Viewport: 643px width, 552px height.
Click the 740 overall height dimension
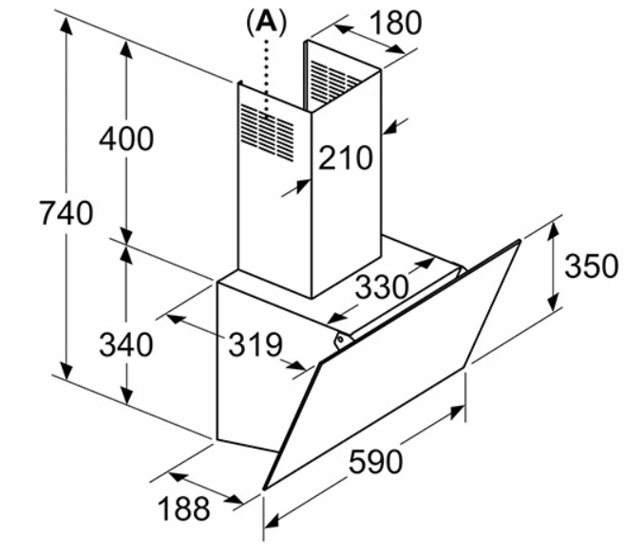(x=66, y=213)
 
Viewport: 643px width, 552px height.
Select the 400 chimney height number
(x=126, y=138)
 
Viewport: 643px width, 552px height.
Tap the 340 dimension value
(x=126, y=344)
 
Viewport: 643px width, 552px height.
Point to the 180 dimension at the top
(x=395, y=23)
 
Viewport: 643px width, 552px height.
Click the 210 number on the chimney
(x=346, y=158)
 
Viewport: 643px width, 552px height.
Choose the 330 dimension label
(x=382, y=286)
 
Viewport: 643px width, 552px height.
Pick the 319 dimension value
(x=255, y=344)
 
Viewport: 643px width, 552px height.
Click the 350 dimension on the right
(x=591, y=267)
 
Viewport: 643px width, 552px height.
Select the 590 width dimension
(x=375, y=462)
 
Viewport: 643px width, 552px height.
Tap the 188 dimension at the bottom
(x=183, y=508)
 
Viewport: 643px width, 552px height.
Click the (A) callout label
(x=267, y=24)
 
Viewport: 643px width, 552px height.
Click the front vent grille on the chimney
(x=268, y=133)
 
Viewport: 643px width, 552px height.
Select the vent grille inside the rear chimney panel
(x=333, y=81)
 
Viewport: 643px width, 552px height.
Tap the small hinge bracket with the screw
(x=343, y=340)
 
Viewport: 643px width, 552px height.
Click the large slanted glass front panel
(x=391, y=364)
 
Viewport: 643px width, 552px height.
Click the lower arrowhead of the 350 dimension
(x=554, y=303)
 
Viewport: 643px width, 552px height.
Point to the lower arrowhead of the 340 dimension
(x=126, y=396)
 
